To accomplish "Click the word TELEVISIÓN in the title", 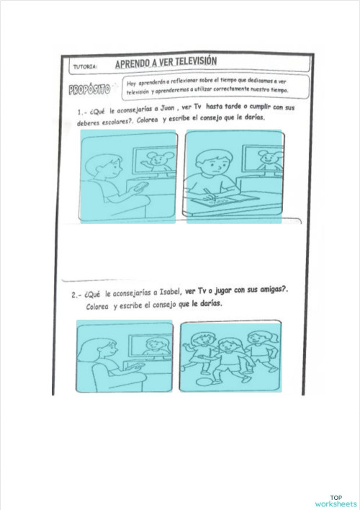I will pyautogui.click(x=189, y=61).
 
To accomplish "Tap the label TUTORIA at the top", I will pyautogui.click(x=86, y=67).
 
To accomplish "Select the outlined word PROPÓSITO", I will pyautogui.click(x=90, y=90).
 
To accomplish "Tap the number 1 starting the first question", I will pyautogui.click(x=80, y=112).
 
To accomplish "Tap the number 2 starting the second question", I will pyautogui.click(x=74, y=295).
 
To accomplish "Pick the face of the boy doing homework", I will pyautogui.click(x=215, y=166).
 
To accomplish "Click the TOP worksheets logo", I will pyautogui.click(x=336, y=499).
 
